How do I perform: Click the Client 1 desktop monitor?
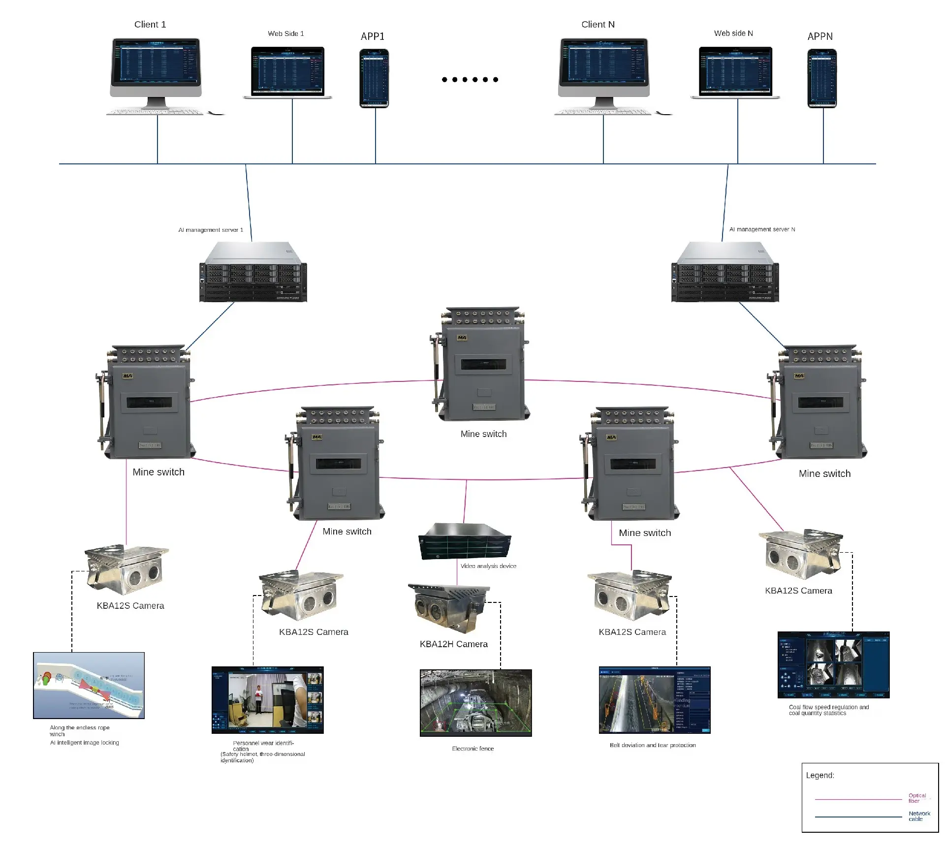[x=156, y=63]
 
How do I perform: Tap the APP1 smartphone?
[x=374, y=78]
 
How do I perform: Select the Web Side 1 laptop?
[x=287, y=71]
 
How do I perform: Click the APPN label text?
[x=820, y=36]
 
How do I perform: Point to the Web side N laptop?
[x=735, y=72]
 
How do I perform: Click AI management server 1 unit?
[x=253, y=272]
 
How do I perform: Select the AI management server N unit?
[x=725, y=272]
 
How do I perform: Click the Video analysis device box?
[x=465, y=541]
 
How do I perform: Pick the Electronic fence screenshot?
[x=475, y=702]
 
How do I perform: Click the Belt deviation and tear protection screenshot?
[x=654, y=700]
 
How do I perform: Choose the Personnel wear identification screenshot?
[x=267, y=700]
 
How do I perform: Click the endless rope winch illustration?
[x=89, y=685]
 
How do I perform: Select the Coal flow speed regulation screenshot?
[x=833, y=664]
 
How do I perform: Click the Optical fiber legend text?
[x=917, y=798]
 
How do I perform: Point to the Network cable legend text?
[x=919, y=816]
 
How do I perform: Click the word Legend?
[x=820, y=775]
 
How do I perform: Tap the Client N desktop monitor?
[x=603, y=63]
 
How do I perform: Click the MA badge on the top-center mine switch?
[x=462, y=338]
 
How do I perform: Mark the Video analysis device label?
[x=488, y=566]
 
